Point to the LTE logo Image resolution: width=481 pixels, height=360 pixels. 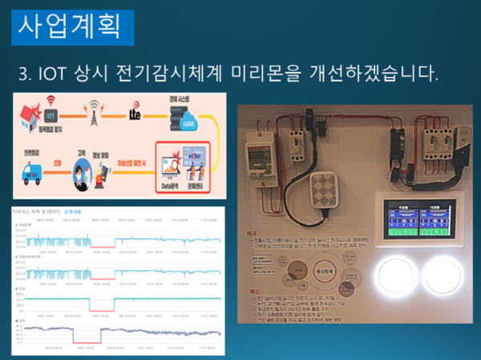tap(135, 116)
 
